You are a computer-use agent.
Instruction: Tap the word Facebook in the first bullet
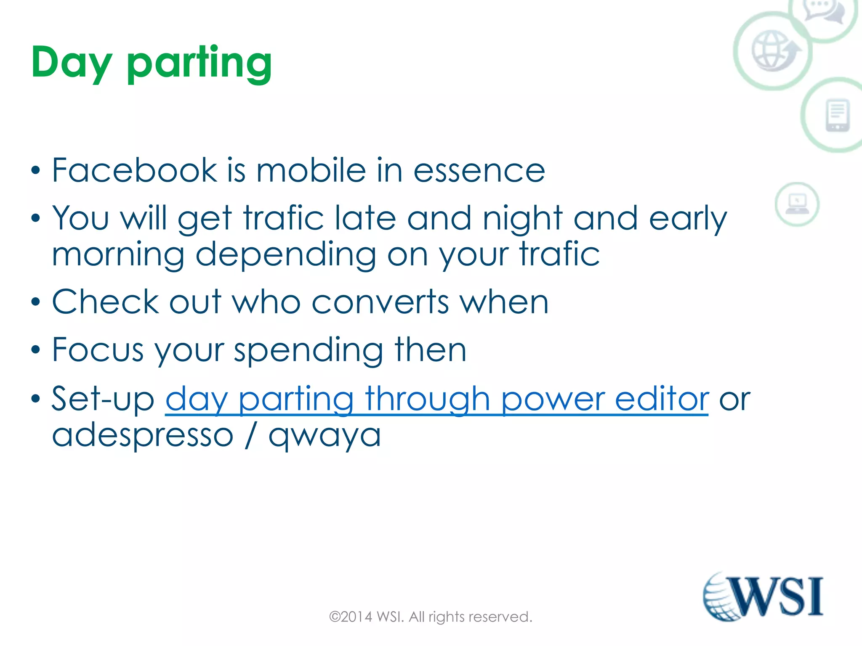134,170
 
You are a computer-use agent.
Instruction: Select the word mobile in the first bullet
311,170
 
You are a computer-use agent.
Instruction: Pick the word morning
118,255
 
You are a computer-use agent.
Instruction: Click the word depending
286,255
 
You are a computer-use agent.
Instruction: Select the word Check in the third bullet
105,302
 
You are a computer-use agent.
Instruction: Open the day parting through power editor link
437,400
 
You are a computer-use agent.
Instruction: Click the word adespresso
143,435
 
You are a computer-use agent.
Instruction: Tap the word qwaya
325,435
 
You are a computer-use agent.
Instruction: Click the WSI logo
763,596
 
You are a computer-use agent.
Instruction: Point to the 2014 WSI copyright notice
431,617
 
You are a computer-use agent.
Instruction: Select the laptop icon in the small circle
797,204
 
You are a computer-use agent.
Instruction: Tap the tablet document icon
837,115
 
